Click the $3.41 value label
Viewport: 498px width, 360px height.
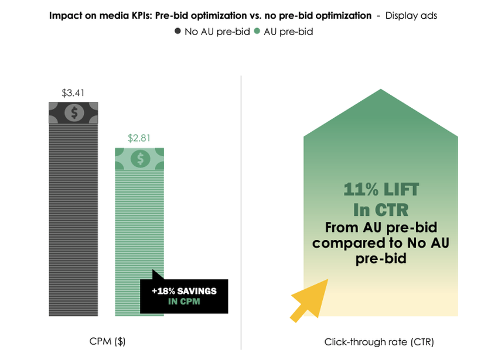pos(73,92)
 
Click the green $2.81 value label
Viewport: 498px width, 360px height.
pos(139,139)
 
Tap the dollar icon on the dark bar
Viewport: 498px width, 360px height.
pos(73,112)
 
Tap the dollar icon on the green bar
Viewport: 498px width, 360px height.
pos(139,159)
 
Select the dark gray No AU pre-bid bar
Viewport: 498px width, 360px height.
pos(73,222)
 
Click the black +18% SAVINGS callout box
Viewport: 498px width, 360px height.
pos(184,296)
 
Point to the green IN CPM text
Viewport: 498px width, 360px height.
pos(184,301)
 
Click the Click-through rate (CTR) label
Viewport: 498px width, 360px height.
pos(379,341)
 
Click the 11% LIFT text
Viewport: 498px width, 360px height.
pos(381,190)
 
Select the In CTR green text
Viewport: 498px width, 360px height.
pos(381,209)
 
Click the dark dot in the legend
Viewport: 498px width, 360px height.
pos(178,32)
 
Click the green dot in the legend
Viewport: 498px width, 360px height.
pos(257,32)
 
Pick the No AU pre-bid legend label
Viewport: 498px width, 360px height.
pos(217,32)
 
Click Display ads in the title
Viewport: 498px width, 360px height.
pos(411,16)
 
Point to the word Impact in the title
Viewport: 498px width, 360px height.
pos(65,16)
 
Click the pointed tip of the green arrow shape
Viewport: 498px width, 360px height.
pos(381,90)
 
